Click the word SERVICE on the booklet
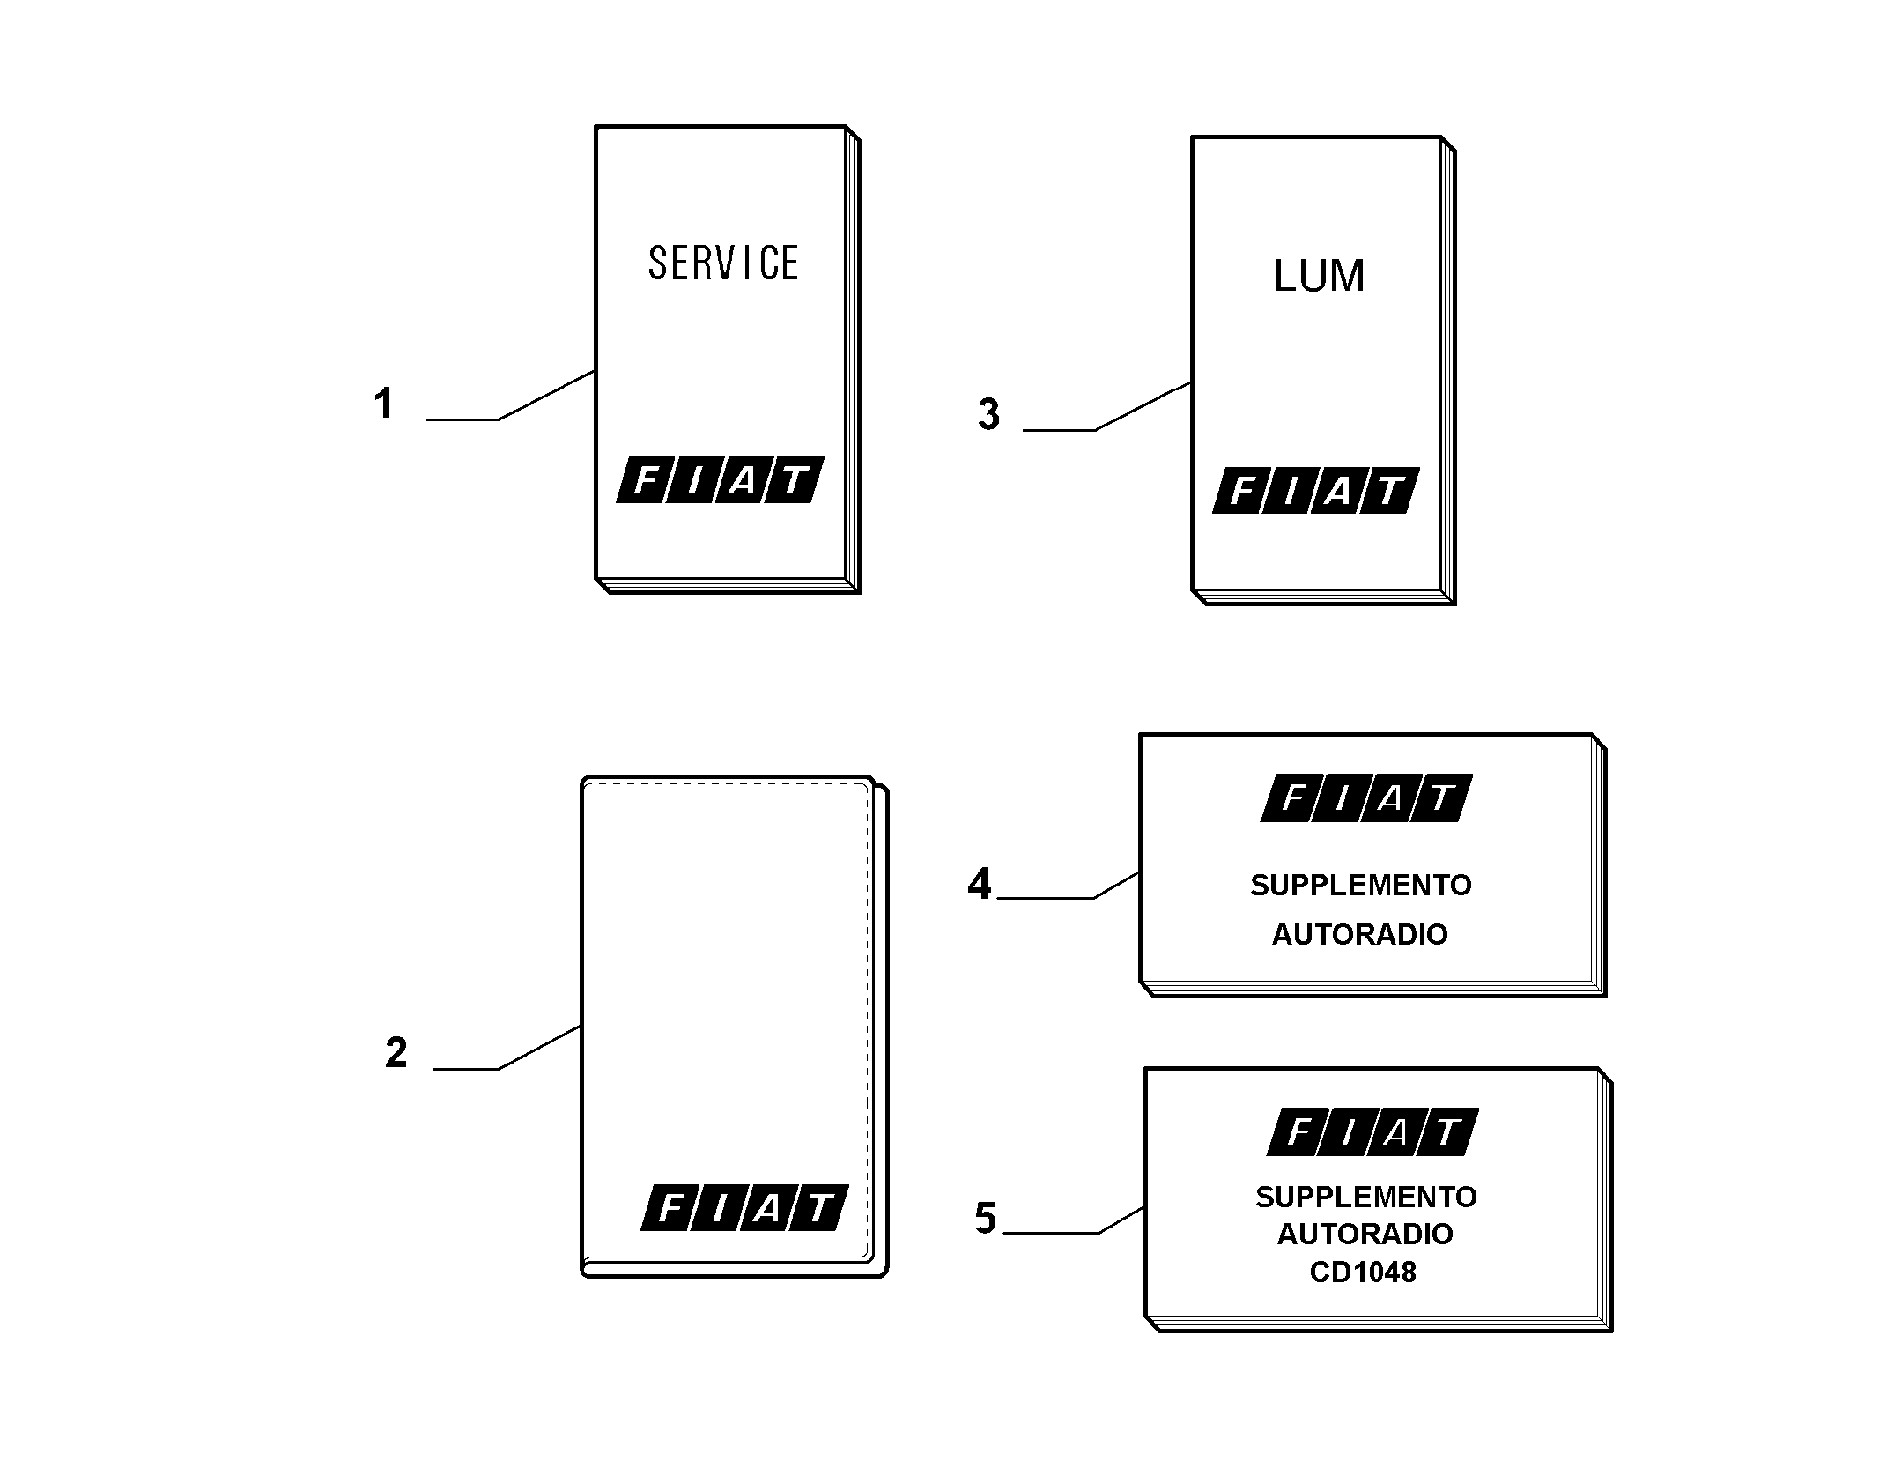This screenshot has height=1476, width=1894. click(723, 263)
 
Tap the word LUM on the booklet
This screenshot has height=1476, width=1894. click(1319, 276)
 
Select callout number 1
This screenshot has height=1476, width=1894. click(383, 404)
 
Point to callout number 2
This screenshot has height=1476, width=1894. click(396, 1052)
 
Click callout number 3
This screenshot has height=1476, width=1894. click(988, 414)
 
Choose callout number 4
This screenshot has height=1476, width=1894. click(979, 883)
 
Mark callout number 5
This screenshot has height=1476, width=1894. click(985, 1218)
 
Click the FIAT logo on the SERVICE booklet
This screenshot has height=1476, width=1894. click(720, 480)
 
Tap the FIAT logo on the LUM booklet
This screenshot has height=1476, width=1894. click(1316, 491)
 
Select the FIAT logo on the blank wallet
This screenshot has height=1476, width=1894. click(744, 1207)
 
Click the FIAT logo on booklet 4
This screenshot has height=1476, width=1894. click(1366, 798)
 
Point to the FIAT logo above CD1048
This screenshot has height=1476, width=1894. click(1372, 1131)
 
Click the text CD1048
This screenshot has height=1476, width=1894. click(1363, 1272)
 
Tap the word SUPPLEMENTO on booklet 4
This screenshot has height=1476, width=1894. click(1360, 885)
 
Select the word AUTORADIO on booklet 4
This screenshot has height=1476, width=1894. click(1359, 934)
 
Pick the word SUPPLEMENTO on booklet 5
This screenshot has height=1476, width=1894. click(1365, 1197)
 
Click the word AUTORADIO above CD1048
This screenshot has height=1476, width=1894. click(1365, 1234)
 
